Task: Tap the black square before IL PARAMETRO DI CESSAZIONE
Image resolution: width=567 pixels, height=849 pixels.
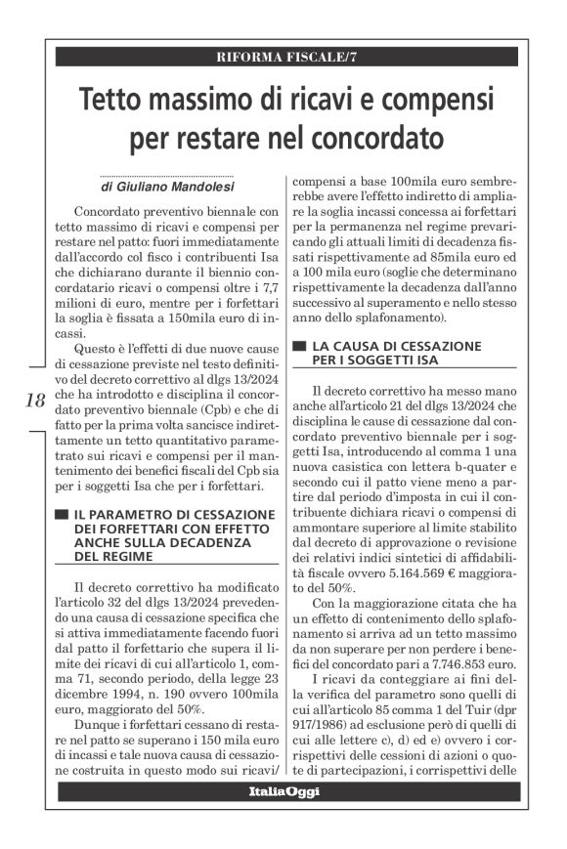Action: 61,514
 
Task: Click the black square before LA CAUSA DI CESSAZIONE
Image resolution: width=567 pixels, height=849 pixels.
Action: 299,347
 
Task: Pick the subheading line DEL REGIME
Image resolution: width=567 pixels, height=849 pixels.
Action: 113,556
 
